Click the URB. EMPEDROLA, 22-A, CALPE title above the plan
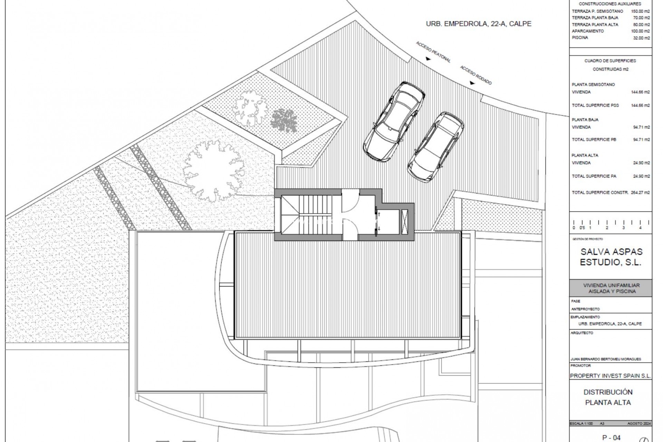coord(479,24)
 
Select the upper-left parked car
coord(394,121)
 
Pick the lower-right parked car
coord(435,147)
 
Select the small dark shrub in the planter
coord(284,120)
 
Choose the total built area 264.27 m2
coord(641,193)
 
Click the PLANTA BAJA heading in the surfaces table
coord(585,120)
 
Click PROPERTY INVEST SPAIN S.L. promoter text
coord(611,376)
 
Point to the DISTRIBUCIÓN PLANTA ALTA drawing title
coord(608,397)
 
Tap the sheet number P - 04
coord(611,438)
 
